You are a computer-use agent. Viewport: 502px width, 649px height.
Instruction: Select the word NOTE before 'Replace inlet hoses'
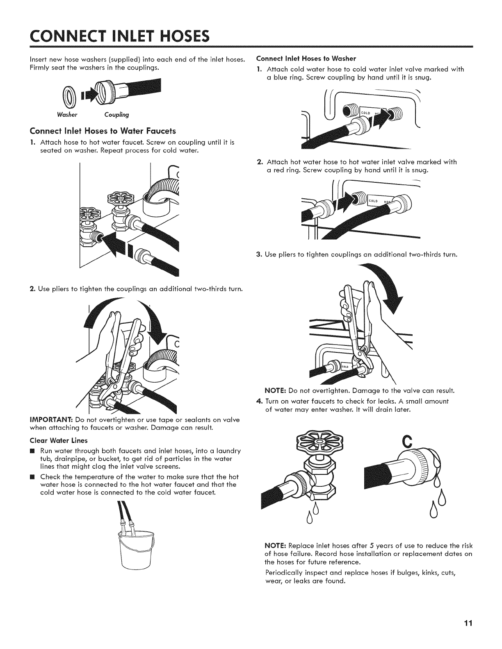click(276, 546)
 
